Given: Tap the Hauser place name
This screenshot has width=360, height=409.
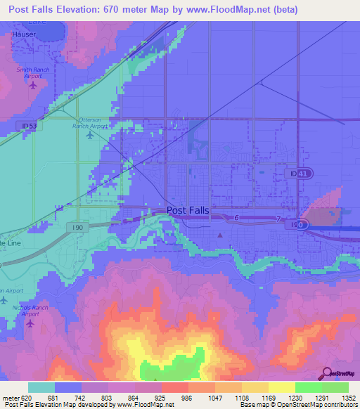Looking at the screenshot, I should click(x=24, y=33).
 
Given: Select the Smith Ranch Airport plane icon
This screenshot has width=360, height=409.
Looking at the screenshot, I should click(x=33, y=85).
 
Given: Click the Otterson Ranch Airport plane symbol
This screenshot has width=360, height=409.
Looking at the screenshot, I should click(x=89, y=135).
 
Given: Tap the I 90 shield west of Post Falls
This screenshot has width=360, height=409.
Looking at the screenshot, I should click(x=78, y=228).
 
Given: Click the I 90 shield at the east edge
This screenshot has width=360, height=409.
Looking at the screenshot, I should click(x=299, y=224).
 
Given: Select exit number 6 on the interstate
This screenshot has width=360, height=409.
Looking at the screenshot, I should click(x=237, y=219).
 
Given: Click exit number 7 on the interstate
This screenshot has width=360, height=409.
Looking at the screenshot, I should click(x=278, y=220).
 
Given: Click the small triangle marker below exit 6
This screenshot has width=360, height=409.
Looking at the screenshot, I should click(x=220, y=235).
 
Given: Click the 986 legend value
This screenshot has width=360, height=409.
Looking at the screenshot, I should click(x=188, y=398).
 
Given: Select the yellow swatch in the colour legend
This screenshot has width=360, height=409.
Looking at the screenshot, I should click(x=281, y=387).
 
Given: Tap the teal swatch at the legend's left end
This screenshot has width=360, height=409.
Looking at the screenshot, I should click(x=41, y=387).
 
